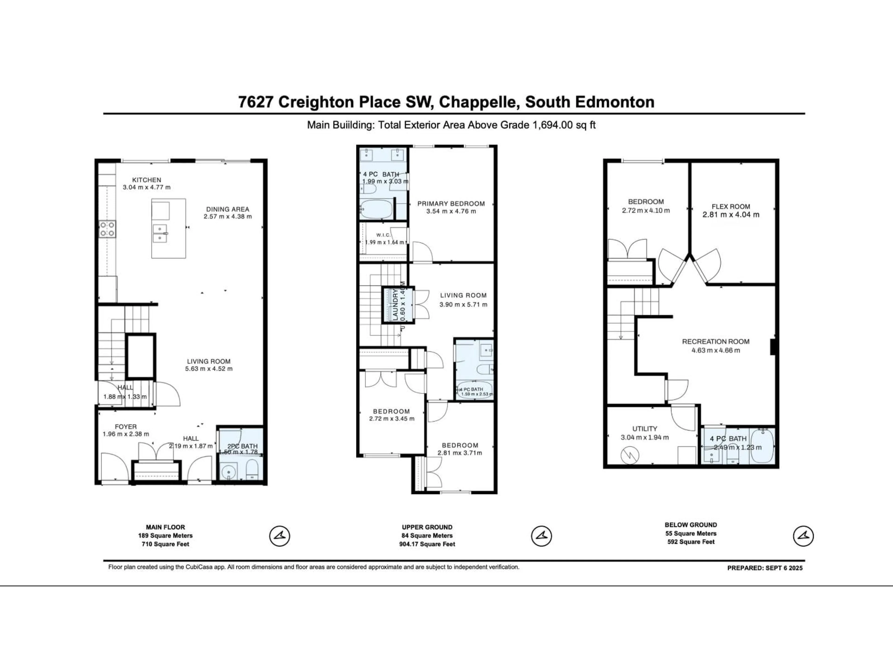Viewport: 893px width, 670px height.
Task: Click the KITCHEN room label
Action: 147,180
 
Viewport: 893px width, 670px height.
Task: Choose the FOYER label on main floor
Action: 126,426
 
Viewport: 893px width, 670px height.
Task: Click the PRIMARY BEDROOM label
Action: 451,204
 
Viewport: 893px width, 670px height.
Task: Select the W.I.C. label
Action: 383,235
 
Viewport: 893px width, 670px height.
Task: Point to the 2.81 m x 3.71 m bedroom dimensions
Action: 460,453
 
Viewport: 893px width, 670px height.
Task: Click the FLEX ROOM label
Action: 731,206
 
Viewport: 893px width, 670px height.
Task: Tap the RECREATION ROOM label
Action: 716,341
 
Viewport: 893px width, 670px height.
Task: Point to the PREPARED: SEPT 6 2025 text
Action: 765,568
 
